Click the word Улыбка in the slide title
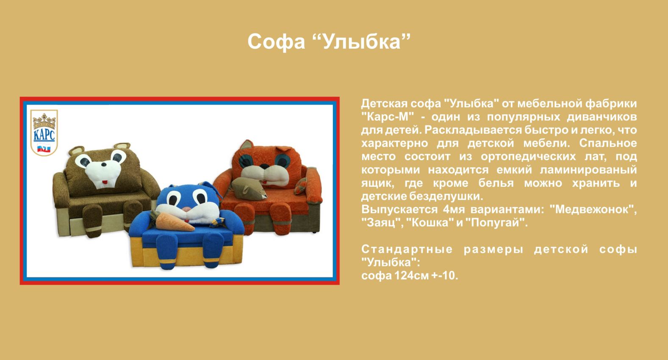tap(363, 41)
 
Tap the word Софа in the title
tap(276, 42)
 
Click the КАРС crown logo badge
tap(44, 133)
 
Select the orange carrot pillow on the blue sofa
tap(175, 222)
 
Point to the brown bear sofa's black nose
tap(103, 164)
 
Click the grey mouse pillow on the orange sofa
tap(249, 188)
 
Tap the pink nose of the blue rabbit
tap(187, 209)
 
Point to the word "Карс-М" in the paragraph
tap(388, 116)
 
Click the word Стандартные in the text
tap(407, 249)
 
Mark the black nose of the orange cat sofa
tap(264, 166)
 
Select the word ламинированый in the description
tap(588, 170)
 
